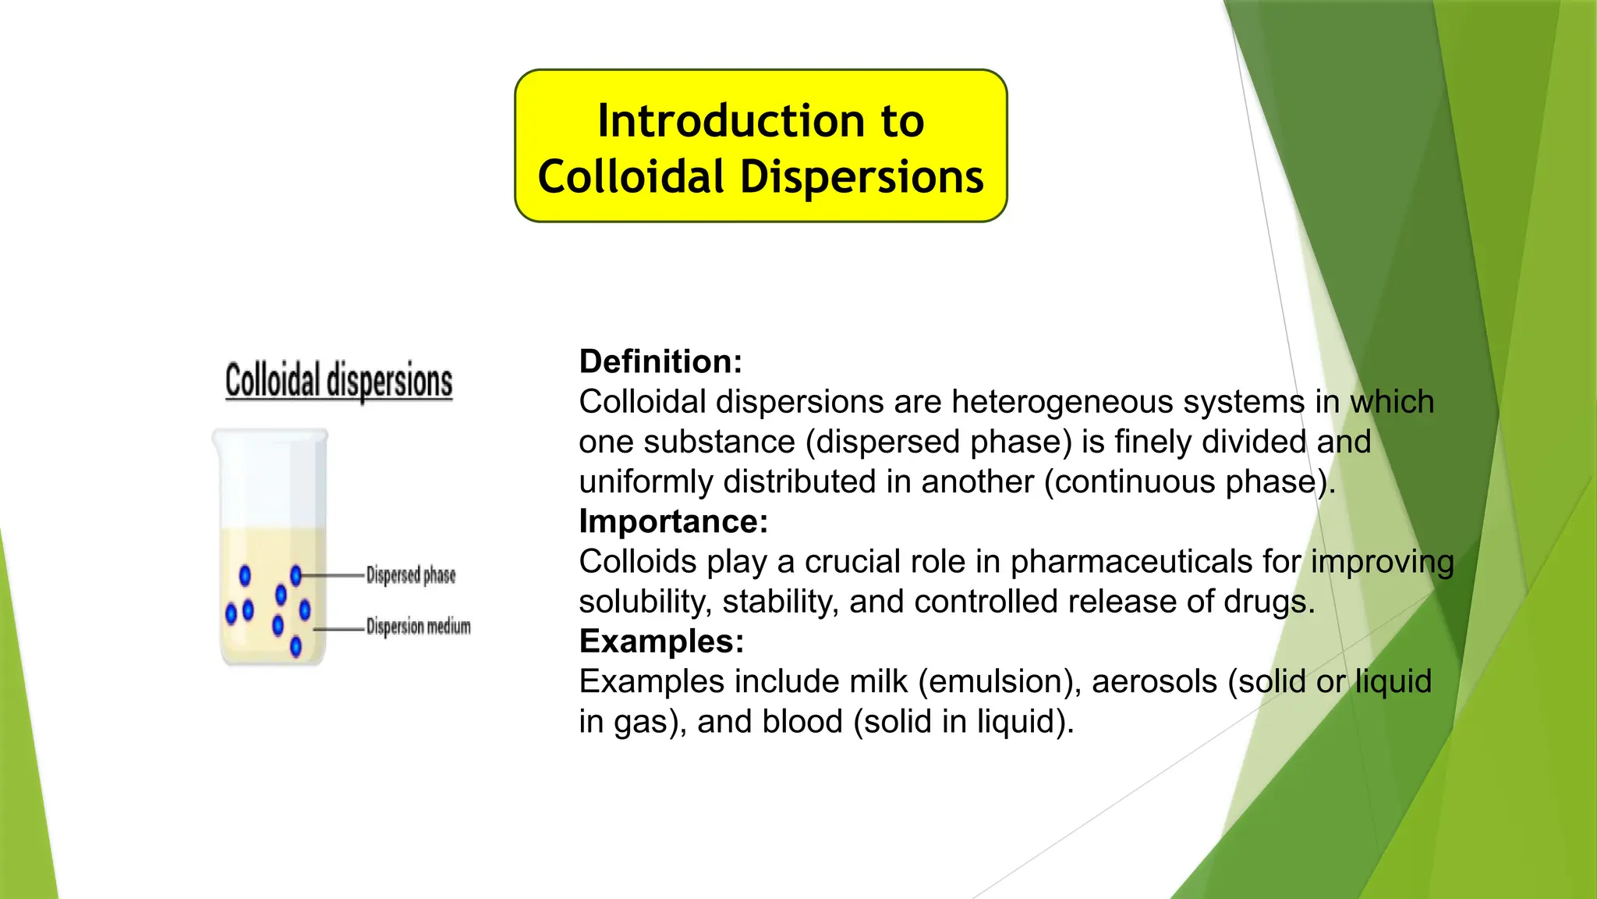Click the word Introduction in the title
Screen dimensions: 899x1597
pyautogui.click(x=731, y=121)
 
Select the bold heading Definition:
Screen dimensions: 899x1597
pyautogui.click(x=660, y=361)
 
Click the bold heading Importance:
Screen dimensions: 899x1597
pyautogui.click(x=673, y=521)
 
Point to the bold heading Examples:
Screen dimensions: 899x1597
pyautogui.click(x=661, y=641)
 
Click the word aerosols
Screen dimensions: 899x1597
pyautogui.click(x=1154, y=682)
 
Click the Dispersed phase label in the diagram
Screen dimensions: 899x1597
pyautogui.click(x=411, y=575)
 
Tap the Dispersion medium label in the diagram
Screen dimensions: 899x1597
pyautogui.click(x=418, y=627)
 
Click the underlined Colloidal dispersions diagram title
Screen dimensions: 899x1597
pyautogui.click(x=338, y=381)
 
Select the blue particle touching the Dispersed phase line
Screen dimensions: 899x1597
pyautogui.click(x=296, y=576)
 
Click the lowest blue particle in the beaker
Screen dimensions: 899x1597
pyautogui.click(x=296, y=646)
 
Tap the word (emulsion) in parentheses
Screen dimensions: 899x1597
pyautogui.click(x=999, y=682)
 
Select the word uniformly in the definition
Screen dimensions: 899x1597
pyautogui.click(x=646, y=481)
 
